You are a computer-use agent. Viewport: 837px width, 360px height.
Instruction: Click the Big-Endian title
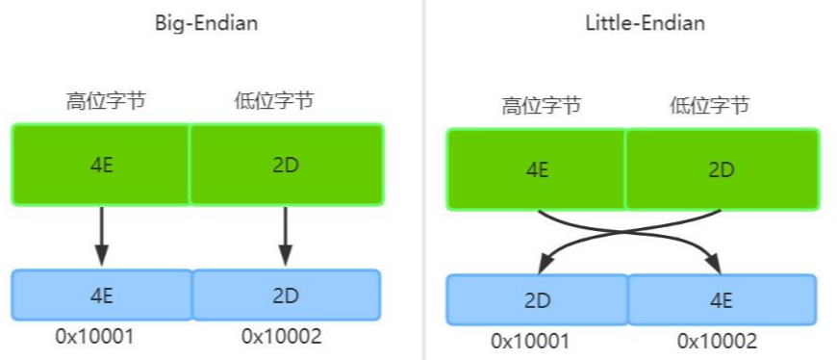206,24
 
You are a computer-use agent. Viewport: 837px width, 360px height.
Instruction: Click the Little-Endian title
645,24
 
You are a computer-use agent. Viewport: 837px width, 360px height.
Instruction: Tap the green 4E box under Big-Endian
101,164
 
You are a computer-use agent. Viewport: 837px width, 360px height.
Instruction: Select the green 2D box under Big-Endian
287,164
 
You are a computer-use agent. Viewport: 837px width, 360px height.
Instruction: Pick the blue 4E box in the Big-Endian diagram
101,296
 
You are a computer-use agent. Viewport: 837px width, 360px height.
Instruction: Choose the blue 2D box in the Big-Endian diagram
287,296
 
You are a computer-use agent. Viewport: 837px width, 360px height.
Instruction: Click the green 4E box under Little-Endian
536,169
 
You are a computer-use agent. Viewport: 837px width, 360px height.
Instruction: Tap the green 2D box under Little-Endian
722,169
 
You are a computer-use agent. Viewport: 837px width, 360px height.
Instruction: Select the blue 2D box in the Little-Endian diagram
536,299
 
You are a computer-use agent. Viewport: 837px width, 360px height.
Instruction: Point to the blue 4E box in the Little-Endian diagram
722,299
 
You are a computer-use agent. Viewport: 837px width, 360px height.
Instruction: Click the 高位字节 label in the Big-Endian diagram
106,100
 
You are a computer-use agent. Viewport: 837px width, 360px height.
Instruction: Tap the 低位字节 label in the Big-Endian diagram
273,100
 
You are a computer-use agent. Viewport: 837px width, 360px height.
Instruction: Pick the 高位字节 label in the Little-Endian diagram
541,106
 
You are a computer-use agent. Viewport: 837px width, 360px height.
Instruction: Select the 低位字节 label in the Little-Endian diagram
709,106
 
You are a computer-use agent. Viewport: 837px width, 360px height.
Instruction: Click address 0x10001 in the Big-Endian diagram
94,336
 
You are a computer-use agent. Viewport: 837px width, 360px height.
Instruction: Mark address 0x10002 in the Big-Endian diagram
282,336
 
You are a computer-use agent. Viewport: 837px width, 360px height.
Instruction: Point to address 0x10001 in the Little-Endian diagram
531,341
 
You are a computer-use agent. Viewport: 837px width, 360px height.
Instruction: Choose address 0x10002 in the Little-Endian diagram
717,341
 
